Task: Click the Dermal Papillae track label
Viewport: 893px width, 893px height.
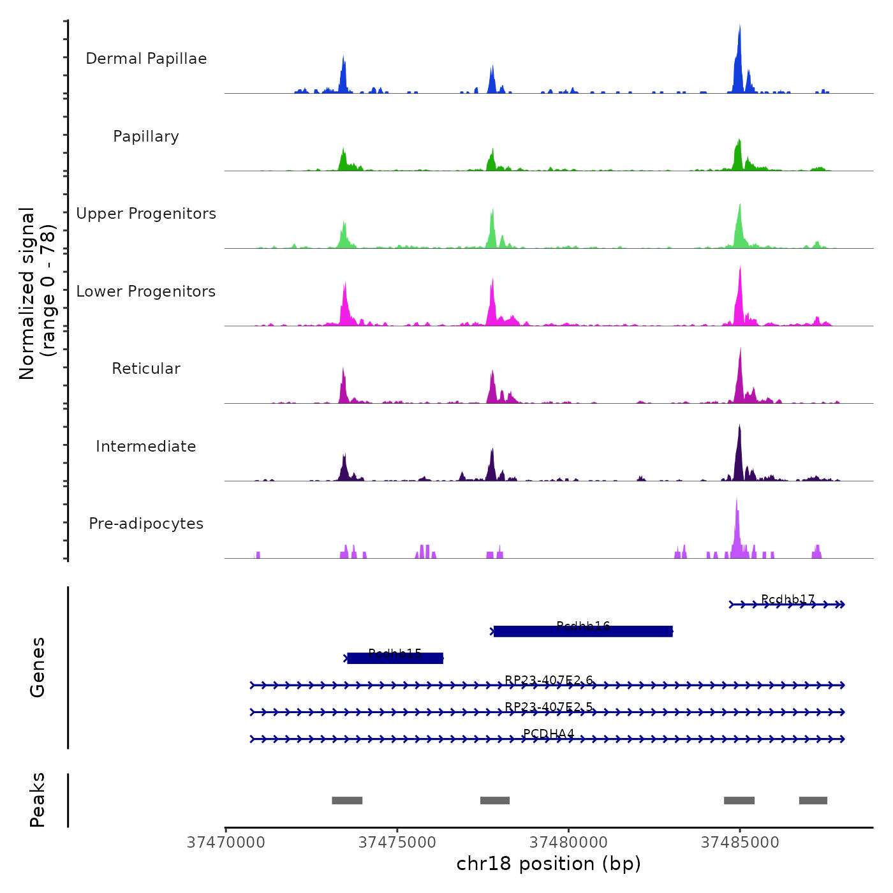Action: pyautogui.click(x=146, y=59)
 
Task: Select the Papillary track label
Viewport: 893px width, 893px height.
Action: pyautogui.click(x=146, y=137)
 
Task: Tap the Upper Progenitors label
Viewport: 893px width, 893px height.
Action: pyautogui.click(x=146, y=214)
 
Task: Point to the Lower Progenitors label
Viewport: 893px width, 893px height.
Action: pyautogui.click(x=146, y=292)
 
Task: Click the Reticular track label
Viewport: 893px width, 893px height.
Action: pyautogui.click(x=146, y=369)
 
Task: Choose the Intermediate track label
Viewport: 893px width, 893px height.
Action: pyautogui.click(x=146, y=447)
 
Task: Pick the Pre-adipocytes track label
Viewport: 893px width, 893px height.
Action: pyautogui.click(x=146, y=524)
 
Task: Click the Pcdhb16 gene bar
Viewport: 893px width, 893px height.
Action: pyautogui.click(x=583, y=631)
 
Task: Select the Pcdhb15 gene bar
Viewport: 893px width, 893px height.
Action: pyautogui.click(x=395, y=658)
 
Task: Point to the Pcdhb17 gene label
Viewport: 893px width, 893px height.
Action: pyautogui.click(x=788, y=599)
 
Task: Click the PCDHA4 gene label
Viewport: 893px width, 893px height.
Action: pyautogui.click(x=549, y=734)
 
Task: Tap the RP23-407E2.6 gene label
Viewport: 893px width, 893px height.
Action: pyautogui.click(x=549, y=680)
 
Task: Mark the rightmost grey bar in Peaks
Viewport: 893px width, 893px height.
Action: pyautogui.click(x=813, y=801)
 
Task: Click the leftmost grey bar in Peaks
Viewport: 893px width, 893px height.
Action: pyautogui.click(x=347, y=801)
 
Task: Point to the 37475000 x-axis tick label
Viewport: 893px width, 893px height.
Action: pyautogui.click(x=397, y=843)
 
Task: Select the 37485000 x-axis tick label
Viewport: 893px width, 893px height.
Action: pyautogui.click(x=740, y=843)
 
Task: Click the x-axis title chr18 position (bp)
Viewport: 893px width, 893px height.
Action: pyautogui.click(x=549, y=864)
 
